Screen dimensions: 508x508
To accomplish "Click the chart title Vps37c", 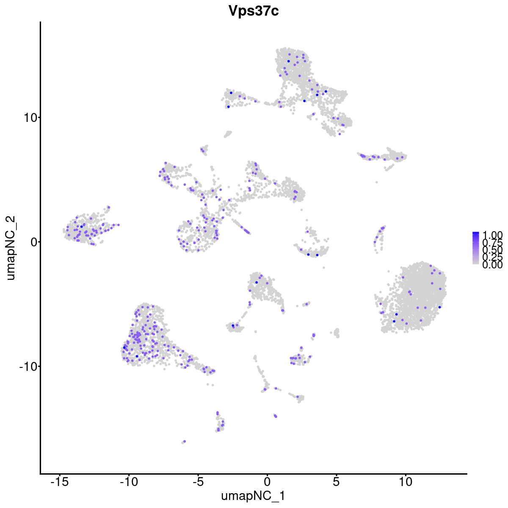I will coord(254,11).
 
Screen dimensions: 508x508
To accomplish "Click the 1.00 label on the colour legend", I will coord(492,235).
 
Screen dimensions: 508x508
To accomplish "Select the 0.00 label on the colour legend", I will coord(492,265).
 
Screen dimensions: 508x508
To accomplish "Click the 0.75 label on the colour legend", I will coord(492,243).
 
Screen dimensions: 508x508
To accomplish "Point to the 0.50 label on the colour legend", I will coord(492,250).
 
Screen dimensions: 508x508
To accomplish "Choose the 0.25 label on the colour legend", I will coord(492,257).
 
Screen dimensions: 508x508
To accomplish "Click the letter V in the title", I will coord(233,11).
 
